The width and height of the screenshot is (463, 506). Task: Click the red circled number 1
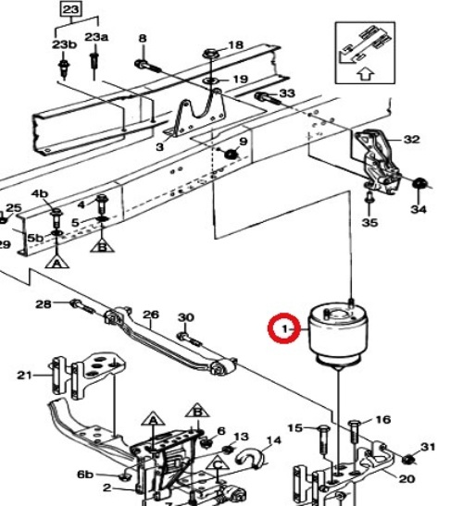tap(284, 328)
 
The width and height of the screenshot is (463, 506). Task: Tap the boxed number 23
tap(70, 9)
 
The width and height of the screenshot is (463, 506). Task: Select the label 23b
tap(64, 44)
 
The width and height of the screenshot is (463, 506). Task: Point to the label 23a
tap(96, 37)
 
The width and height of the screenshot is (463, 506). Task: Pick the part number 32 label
tap(412, 140)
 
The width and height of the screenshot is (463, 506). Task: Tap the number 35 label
tap(369, 222)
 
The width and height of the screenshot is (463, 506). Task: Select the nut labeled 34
tap(419, 183)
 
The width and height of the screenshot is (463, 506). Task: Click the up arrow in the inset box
tap(366, 74)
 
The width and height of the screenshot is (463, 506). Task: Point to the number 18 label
tap(235, 44)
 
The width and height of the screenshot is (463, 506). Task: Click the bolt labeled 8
tap(147, 66)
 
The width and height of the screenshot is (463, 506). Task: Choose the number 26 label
tap(151, 315)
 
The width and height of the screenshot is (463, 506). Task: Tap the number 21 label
tap(25, 376)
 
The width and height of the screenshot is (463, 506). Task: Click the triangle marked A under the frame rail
tap(56, 262)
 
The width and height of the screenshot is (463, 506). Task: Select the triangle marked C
tap(219, 463)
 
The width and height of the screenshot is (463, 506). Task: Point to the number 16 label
tap(383, 420)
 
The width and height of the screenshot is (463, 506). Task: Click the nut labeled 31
tap(408, 459)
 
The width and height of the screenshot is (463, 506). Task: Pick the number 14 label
tap(274, 440)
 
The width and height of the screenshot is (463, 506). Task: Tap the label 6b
tap(85, 474)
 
